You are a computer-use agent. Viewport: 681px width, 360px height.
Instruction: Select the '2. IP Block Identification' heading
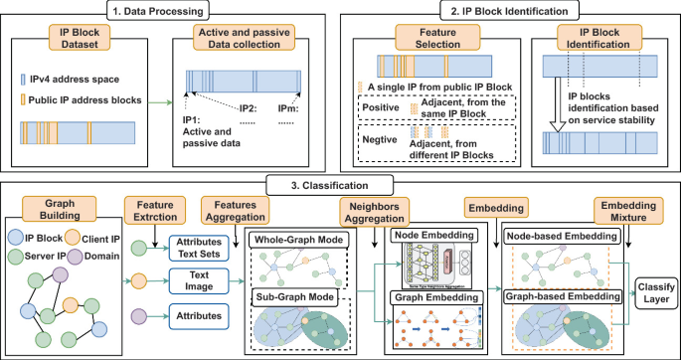pyautogui.click(x=509, y=13)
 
